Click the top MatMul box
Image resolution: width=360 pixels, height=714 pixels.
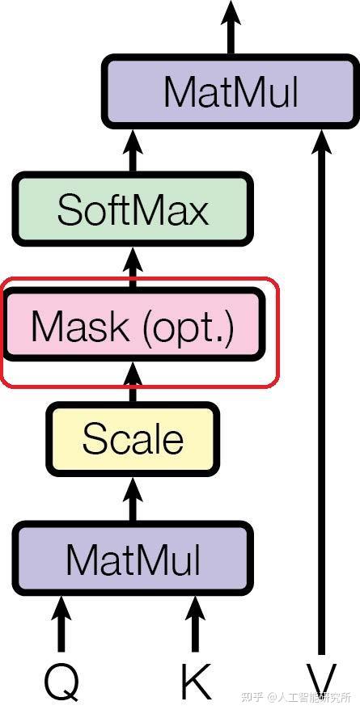point(231,91)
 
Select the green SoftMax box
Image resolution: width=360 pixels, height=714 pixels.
point(133,209)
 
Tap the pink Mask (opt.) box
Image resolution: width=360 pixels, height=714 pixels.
point(133,326)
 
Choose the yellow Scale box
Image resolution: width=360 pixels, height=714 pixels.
point(133,439)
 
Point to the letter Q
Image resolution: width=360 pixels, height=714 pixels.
point(61,681)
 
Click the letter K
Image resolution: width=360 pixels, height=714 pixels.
point(194,681)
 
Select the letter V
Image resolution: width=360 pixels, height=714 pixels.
point(322,681)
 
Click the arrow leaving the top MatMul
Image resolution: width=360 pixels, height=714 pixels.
point(231,28)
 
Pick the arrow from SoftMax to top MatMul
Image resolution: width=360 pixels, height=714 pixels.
point(133,150)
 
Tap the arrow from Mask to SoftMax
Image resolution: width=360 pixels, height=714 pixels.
point(133,267)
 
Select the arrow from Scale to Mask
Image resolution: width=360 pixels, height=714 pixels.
point(133,384)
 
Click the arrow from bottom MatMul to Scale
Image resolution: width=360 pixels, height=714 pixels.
point(133,497)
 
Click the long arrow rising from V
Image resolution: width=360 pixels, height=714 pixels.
point(322,388)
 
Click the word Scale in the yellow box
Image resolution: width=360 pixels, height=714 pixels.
point(133,439)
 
